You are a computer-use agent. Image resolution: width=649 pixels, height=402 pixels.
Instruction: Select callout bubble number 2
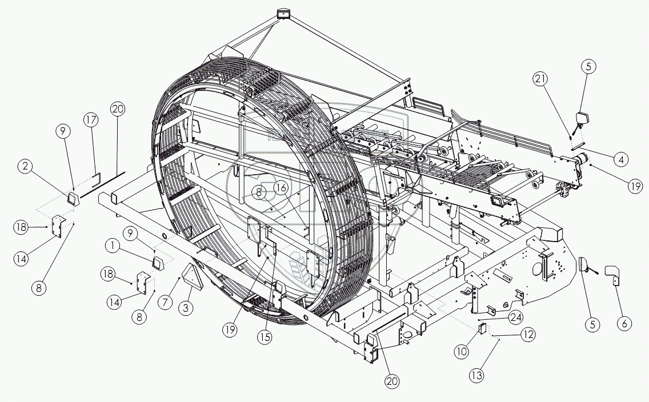(x=23, y=167)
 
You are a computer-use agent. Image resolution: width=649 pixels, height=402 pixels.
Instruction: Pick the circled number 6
(x=624, y=323)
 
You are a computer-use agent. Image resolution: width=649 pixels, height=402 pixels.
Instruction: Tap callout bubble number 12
(x=528, y=335)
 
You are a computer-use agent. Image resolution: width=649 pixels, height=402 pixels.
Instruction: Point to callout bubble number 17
(x=90, y=120)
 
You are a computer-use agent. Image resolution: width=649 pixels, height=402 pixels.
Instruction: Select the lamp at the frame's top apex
(x=284, y=14)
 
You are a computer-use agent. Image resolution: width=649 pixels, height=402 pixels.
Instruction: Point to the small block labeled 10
(x=482, y=328)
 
